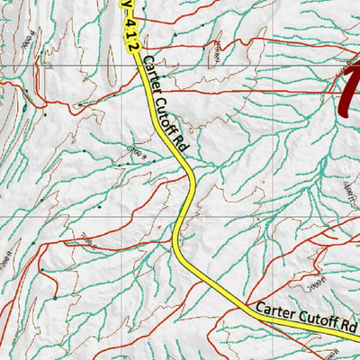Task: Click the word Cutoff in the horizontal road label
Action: pos(314,319)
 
